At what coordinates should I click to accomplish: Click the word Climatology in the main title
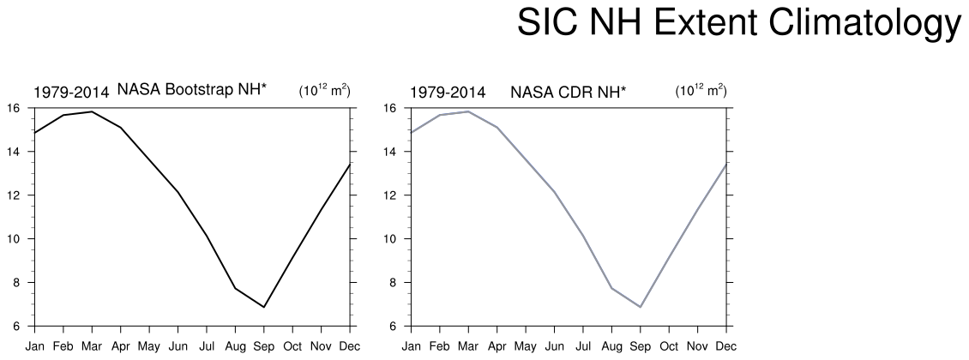[863, 23]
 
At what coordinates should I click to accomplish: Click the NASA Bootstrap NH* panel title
[192, 90]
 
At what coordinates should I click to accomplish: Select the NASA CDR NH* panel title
[568, 93]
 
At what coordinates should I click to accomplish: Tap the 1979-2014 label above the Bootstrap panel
[71, 93]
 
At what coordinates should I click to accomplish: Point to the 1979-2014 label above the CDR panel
[448, 93]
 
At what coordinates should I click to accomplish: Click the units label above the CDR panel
[701, 90]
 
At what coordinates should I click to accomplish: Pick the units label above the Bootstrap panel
[324, 90]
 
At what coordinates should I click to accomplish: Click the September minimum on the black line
[264, 307]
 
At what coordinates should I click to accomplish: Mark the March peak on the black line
[92, 111]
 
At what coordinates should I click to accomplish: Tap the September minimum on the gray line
[641, 307]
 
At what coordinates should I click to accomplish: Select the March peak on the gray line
[468, 111]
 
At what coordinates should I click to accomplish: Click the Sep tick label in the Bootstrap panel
[264, 346]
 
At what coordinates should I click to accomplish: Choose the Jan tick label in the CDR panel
[411, 345]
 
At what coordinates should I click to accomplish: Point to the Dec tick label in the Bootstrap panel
[351, 345]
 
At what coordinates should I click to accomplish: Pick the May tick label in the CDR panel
[526, 347]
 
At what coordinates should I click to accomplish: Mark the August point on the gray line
[611, 288]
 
